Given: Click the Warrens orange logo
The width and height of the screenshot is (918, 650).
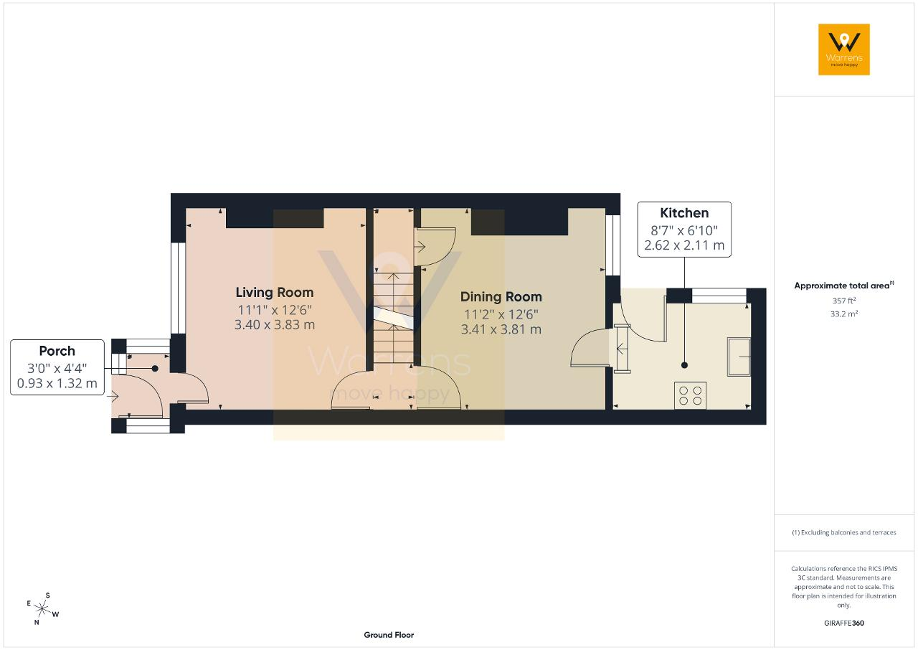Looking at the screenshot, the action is click(844, 50).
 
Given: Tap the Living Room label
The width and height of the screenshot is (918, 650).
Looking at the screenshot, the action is click(275, 293).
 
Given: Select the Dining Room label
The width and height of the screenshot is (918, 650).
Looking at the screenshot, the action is click(501, 297).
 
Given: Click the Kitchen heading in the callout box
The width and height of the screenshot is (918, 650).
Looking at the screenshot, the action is click(684, 213).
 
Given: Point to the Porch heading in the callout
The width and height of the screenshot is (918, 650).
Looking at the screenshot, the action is click(57, 351).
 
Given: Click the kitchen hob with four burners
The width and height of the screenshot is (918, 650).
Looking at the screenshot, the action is click(690, 395).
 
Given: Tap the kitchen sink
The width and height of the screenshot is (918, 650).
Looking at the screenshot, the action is click(739, 357).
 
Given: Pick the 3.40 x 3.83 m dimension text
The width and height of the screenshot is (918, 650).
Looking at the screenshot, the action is click(275, 325).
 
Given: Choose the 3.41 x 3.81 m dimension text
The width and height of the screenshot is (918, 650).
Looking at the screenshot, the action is click(501, 329).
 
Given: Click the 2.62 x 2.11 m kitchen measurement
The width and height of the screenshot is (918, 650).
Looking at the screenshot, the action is click(684, 245).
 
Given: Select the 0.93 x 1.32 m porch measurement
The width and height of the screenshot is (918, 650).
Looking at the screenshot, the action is click(57, 383).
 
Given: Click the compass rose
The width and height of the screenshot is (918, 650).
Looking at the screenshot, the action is click(42, 609).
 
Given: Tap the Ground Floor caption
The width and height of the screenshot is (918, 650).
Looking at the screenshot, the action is click(389, 635).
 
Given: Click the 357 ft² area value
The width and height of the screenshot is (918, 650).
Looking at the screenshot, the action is click(844, 301).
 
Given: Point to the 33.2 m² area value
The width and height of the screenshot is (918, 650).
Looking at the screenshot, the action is click(844, 314).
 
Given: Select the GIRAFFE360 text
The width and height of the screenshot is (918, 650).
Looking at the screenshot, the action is click(844, 623).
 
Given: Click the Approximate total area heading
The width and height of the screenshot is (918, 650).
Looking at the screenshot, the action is click(844, 286).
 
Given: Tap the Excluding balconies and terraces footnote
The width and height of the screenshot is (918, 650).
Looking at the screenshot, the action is click(844, 532).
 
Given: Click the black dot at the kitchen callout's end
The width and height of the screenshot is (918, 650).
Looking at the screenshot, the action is click(684, 365).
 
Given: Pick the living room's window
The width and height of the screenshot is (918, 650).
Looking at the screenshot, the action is click(178, 288).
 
